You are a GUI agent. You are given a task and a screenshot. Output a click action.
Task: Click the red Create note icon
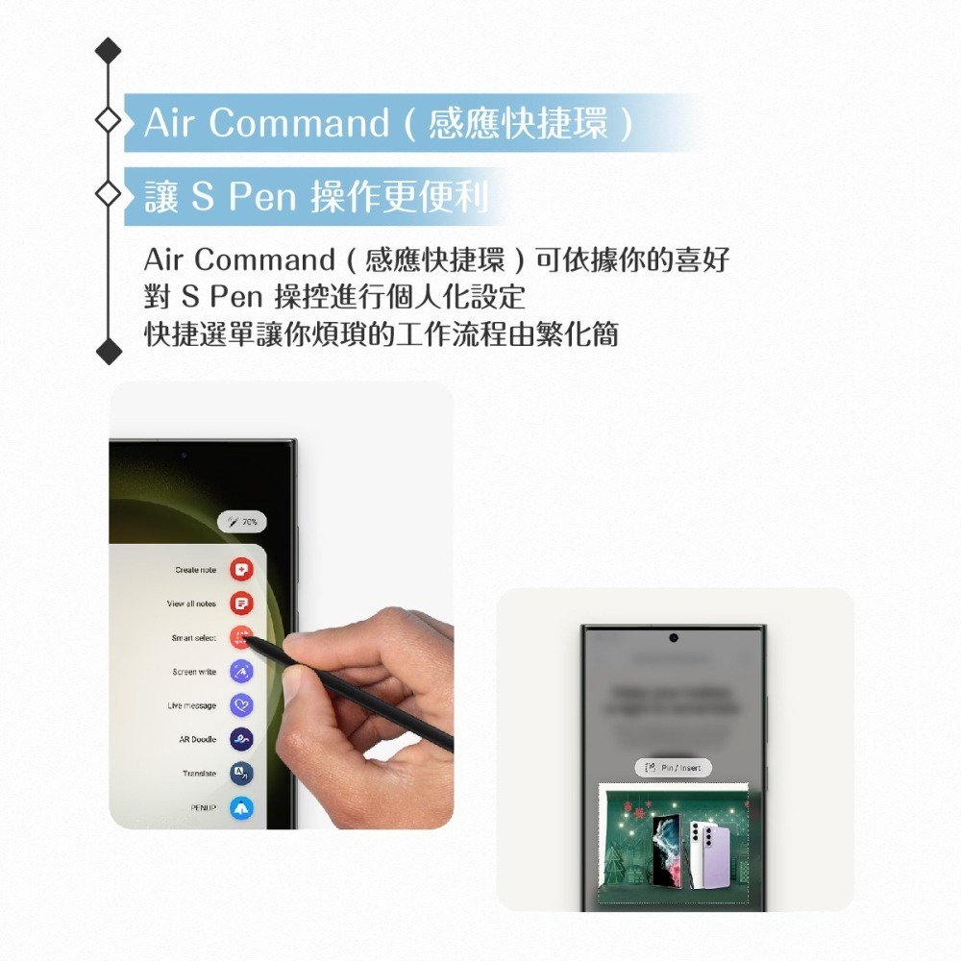pyautogui.click(x=241, y=571)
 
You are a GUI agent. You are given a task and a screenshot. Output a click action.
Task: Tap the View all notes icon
pyautogui.click(x=241, y=604)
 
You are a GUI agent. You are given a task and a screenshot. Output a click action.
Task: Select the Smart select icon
pyautogui.click(x=241, y=638)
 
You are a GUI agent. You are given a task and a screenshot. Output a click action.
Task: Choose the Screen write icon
pyautogui.click(x=241, y=672)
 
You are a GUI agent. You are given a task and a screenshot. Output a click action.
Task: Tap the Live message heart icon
pyautogui.click(x=241, y=705)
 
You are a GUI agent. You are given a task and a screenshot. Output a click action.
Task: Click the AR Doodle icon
pyautogui.click(x=241, y=740)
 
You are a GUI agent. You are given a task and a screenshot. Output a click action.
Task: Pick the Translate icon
pyautogui.click(x=241, y=774)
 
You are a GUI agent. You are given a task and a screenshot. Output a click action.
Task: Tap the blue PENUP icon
pyautogui.click(x=241, y=808)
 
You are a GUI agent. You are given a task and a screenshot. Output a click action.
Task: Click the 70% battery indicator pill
pyautogui.click(x=242, y=522)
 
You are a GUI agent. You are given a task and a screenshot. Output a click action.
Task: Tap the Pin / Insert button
pyautogui.click(x=674, y=767)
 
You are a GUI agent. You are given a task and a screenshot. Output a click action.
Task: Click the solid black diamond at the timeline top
pyautogui.click(x=109, y=51)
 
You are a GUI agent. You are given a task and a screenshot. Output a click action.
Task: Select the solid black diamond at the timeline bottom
pyautogui.click(x=109, y=352)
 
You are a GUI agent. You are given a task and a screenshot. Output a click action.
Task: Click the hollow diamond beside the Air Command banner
pyautogui.click(x=109, y=122)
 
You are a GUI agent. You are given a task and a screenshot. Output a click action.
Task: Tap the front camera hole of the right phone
pyautogui.click(x=674, y=638)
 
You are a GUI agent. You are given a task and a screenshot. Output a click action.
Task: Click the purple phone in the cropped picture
pyautogui.click(x=711, y=853)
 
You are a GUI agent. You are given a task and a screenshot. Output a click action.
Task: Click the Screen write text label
pyautogui.click(x=194, y=672)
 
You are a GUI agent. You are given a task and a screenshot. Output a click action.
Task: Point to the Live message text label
pyautogui.click(x=191, y=705)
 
